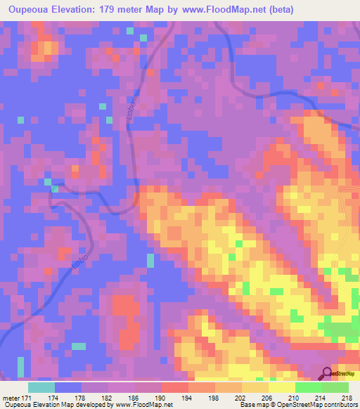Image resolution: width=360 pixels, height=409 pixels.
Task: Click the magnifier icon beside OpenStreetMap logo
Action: pyautogui.click(x=328, y=373)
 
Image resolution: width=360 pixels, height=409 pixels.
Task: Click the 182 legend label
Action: pyautogui.click(x=108, y=398)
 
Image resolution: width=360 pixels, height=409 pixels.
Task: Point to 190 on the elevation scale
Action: pyautogui.click(x=161, y=398)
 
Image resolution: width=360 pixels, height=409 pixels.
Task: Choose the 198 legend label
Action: pyautogui.click(x=214, y=398)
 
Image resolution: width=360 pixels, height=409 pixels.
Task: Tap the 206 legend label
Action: pyautogui.click(x=268, y=398)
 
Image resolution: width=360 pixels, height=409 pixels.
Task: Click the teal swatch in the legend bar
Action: pyautogui.click(x=41, y=387)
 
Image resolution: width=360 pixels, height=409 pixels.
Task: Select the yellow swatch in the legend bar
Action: pyautogui.click(x=281, y=387)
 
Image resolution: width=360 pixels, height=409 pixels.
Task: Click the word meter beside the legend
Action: pyautogui.click(x=11, y=398)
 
